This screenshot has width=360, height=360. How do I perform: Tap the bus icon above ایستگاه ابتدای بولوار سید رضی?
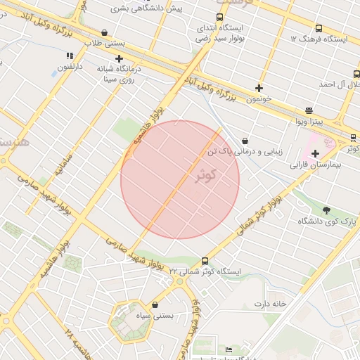coord(219,18)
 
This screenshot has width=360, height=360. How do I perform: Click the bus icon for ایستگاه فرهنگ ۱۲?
coord(319,29)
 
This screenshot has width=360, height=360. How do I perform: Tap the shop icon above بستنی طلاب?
coord(104,32)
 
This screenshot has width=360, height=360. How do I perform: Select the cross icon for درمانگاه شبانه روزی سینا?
coord(120,59)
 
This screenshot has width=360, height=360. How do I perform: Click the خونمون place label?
coord(259,99)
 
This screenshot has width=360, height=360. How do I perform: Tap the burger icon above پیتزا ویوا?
coord(309,111)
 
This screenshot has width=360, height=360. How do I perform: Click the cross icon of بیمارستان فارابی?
coord(315,153)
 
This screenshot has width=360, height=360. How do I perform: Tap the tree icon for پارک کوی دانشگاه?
coord(326,210)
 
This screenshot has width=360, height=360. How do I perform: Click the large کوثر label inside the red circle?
coord(205,174)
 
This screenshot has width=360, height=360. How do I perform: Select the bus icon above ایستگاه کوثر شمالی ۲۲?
coord(205,260)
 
